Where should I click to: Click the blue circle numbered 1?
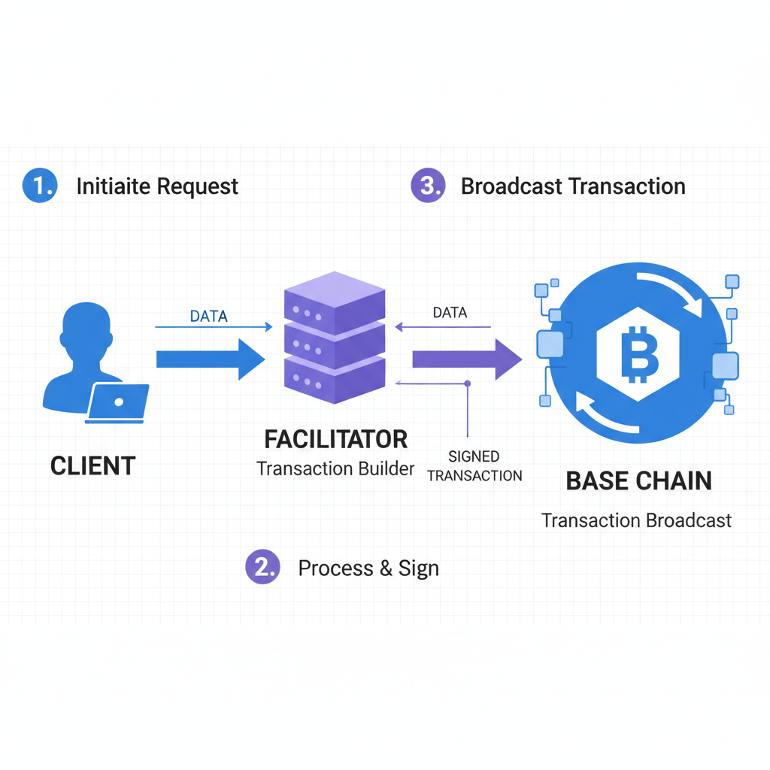[39, 186]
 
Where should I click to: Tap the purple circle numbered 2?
[262, 568]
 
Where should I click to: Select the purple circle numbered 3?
[428, 186]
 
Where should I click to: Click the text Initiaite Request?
[157, 186]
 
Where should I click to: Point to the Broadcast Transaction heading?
[573, 186]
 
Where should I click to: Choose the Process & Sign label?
[368, 568]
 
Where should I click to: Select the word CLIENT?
[92, 466]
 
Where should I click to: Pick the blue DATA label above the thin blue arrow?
[208, 317]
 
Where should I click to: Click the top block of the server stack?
[335, 305]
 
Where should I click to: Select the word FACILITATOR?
[335, 439]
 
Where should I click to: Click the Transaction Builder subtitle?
[335, 468]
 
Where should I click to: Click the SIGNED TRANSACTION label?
[474, 466]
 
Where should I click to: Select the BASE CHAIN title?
[638, 481]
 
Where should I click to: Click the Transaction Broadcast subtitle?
[636, 520]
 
